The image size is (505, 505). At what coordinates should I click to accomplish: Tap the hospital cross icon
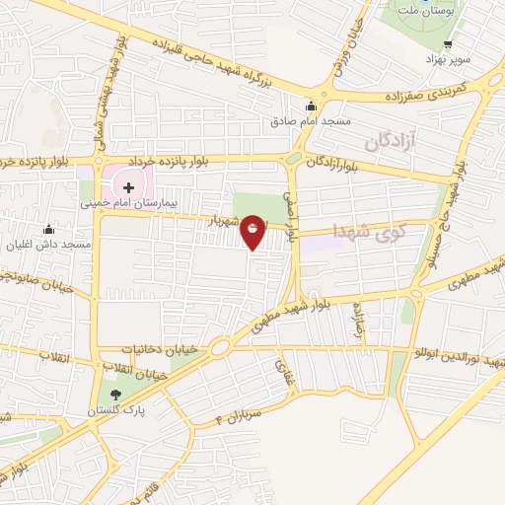point(128,186)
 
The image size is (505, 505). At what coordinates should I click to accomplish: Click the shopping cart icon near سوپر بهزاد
point(448,44)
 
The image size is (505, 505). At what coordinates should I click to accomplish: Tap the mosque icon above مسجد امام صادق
point(311,107)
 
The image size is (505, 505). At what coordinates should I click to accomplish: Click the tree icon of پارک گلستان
point(116,395)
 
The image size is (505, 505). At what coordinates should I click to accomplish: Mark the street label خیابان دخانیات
point(165,349)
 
